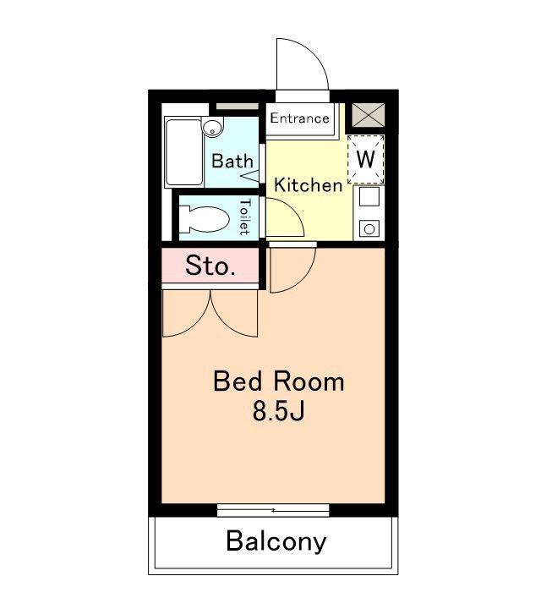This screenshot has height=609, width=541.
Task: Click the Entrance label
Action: (x=299, y=118)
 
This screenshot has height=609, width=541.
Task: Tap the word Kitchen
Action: (x=309, y=185)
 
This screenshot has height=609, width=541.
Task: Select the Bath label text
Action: (x=232, y=161)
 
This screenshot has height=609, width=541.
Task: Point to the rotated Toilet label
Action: (x=244, y=217)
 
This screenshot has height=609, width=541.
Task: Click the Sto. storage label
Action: (x=210, y=266)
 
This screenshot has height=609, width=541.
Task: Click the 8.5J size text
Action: (x=278, y=411)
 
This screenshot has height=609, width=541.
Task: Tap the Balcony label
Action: (x=276, y=540)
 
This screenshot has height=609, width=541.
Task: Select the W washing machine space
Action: (x=365, y=159)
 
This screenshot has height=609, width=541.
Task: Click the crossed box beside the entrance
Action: (x=368, y=115)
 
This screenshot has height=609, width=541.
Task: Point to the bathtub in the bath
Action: (x=184, y=152)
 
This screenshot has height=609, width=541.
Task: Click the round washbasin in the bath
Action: (x=212, y=127)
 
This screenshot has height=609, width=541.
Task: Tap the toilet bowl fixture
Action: (x=204, y=219)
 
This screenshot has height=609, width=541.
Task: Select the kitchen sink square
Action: (x=369, y=196)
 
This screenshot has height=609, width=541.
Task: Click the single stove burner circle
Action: (x=369, y=228)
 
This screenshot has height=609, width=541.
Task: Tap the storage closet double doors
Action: (x=210, y=313)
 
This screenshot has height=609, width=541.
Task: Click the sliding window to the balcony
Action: (x=273, y=510)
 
